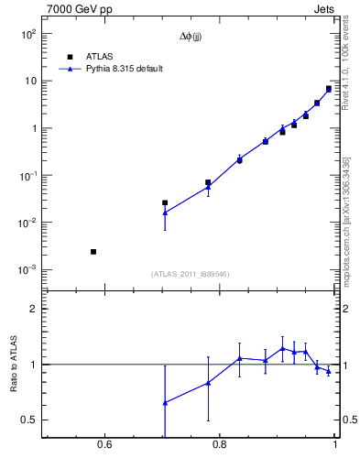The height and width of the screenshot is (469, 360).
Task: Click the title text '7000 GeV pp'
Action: [77, 10]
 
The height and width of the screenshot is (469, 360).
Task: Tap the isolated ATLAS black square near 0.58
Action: [93, 251]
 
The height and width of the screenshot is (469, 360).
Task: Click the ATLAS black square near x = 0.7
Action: [165, 202]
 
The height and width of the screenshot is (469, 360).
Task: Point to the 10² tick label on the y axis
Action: [27, 34]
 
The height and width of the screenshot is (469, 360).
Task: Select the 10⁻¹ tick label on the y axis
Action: [27, 175]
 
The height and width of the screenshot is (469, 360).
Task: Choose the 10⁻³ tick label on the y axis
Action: [27, 270]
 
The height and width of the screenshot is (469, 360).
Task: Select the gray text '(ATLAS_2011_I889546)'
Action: [191, 275]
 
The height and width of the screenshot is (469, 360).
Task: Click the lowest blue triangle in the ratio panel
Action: [165, 402]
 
